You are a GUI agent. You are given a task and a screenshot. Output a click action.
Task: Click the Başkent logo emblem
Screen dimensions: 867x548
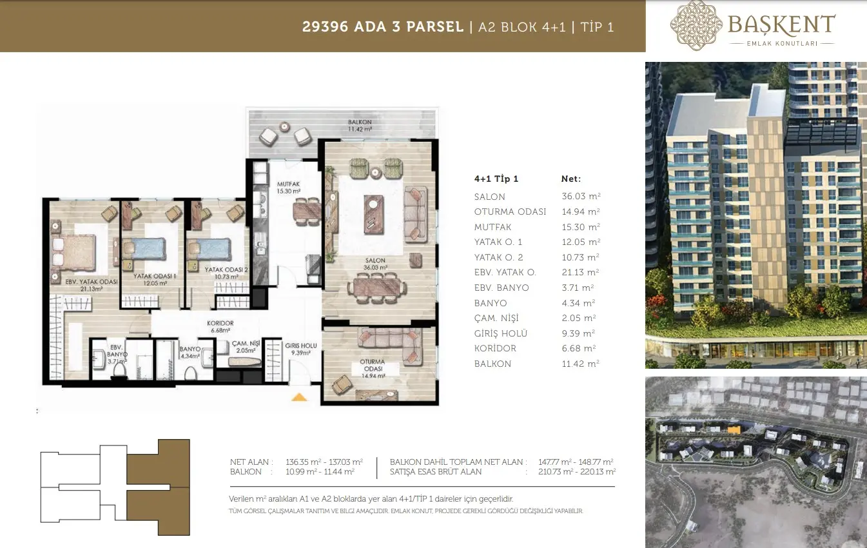(x=696, y=25)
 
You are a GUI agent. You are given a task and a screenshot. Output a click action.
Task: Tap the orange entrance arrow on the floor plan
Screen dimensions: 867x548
(x=299, y=397)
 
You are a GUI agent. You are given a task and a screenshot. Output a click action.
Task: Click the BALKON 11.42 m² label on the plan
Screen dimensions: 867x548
(x=360, y=125)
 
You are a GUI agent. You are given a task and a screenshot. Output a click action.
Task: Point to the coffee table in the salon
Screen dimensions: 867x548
(x=373, y=215)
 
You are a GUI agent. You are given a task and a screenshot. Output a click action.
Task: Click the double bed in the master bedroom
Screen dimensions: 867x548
(x=73, y=251)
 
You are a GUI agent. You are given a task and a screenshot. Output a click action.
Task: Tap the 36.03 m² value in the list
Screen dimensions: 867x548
(x=581, y=196)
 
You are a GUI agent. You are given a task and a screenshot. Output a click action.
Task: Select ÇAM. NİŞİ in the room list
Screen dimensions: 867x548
(x=496, y=318)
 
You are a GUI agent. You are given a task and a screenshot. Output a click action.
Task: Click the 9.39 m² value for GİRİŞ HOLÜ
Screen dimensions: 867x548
(x=578, y=333)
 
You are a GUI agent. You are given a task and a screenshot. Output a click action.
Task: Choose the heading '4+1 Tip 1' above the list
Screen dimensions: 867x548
(x=496, y=179)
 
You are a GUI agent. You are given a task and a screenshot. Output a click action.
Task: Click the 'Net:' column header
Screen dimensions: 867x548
(x=571, y=179)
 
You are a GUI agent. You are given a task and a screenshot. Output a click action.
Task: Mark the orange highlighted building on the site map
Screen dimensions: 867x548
(x=734, y=429)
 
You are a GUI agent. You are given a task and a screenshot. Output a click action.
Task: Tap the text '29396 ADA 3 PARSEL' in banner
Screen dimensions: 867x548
(x=383, y=26)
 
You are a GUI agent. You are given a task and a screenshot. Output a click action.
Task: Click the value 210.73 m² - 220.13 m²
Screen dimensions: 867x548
(x=577, y=472)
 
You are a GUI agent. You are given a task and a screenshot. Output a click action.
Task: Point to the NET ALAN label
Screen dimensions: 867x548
(x=249, y=462)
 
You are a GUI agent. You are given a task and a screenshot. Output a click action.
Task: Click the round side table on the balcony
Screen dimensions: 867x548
(x=284, y=126)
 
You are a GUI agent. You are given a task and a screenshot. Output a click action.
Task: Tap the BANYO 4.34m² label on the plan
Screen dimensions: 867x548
(x=190, y=353)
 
